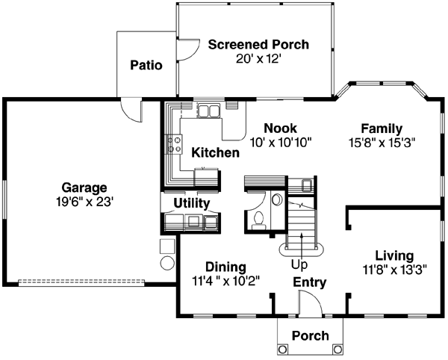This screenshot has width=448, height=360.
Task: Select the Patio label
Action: (x=146, y=65)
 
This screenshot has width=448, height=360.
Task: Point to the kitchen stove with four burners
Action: (x=175, y=143)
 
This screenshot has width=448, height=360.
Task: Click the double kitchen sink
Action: (x=208, y=112)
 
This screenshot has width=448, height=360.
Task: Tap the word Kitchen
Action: (x=215, y=153)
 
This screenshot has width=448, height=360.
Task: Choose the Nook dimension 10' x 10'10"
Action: (x=280, y=140)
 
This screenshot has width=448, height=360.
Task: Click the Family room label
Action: (x=382, y=128)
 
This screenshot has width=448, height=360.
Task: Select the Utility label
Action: (x=191, y=202)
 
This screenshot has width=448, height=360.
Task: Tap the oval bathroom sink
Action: (x=276, y=199)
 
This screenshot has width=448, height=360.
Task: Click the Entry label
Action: (x=308, y=282)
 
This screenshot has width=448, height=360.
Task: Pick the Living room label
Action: (x=393, y=255)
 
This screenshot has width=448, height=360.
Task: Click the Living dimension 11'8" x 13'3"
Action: (x=393, y=269)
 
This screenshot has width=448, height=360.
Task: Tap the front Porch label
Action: (x=309, y=335)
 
